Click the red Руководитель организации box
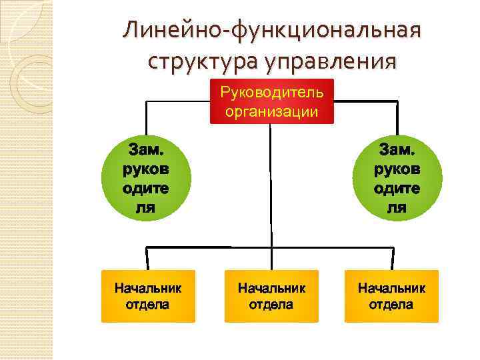[271, 102]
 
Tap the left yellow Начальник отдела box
[148, 296]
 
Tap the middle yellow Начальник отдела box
[271, 296]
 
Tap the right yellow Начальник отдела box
[391, 296]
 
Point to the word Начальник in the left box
[148, 289]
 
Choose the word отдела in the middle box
[271, 305]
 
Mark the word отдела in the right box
[391, 305]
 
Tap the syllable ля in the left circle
[146, 207]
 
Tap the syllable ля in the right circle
[397, 207]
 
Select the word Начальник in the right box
[391, 289]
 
